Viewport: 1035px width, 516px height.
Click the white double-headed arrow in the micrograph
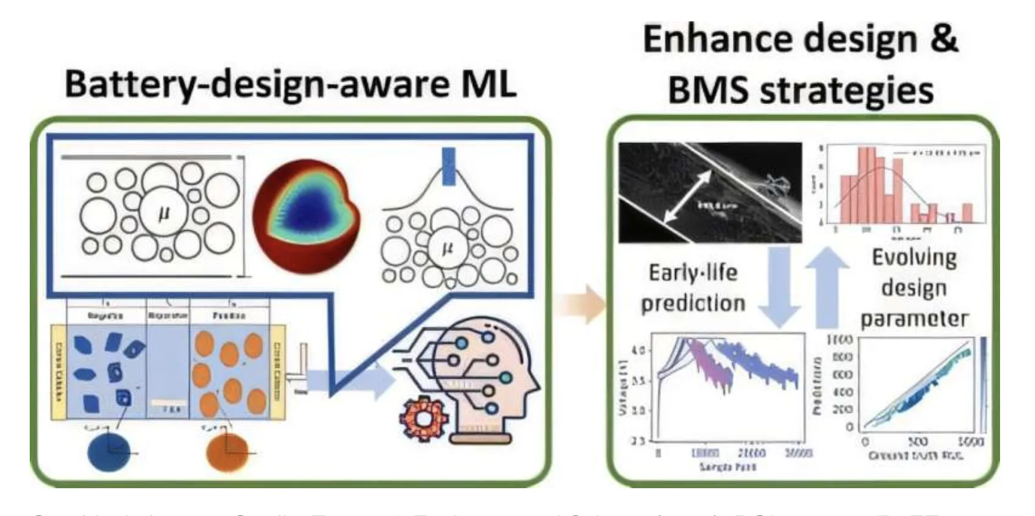[687, 195]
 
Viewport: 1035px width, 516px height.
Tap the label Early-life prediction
[693, 288]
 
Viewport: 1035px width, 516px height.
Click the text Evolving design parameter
[914, 288]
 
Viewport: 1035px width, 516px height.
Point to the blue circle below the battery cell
[108, 451]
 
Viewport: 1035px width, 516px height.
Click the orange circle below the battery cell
[227, 451]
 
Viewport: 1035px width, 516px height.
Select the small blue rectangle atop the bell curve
[448, 166]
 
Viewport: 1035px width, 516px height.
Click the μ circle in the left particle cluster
[163, 213]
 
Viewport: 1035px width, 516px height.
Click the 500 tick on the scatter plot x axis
[917, 442]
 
